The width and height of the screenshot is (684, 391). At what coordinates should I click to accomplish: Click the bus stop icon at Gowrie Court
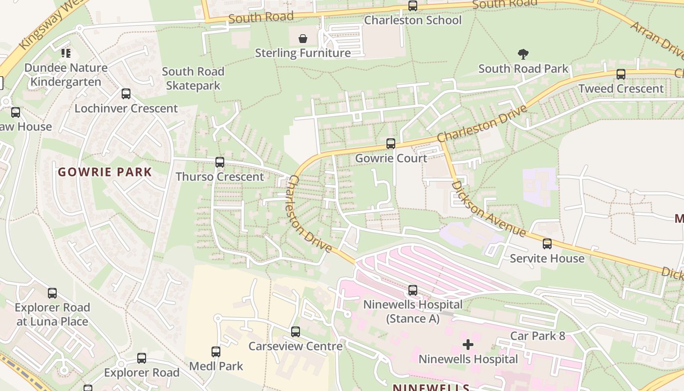click(390, 143)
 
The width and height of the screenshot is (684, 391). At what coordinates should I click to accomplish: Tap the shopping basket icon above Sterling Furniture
click(303, 38)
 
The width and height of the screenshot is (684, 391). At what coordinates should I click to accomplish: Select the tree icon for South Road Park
click(523, 54)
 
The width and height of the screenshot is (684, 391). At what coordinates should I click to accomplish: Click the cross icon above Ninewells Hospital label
click(468, 345)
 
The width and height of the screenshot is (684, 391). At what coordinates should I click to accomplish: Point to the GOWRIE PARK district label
click(105, 172)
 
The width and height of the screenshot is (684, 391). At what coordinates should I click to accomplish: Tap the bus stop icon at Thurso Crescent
click(220, 162)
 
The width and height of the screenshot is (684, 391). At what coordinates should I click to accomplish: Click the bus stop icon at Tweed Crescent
click(620, 74)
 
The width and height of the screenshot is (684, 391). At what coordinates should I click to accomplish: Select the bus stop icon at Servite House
click(547, 243)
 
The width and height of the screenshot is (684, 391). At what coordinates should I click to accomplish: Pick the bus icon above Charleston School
click(413, 6)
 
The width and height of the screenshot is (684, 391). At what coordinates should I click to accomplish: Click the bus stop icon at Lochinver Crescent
click(126, 94)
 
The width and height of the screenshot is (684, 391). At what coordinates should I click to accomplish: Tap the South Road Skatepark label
click(193, 78)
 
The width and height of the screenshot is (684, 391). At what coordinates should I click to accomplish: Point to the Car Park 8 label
click(537, 336)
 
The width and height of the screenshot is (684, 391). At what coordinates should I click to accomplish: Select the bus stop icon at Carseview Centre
click(295, 332)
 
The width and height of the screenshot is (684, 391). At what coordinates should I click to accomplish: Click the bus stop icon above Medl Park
click(215, 351)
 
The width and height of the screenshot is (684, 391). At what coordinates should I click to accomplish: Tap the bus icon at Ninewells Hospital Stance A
click(413, 290)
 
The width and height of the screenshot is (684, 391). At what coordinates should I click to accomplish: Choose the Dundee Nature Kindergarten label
click(66, 74)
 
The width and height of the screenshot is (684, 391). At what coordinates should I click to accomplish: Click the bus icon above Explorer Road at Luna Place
click(52, 293)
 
